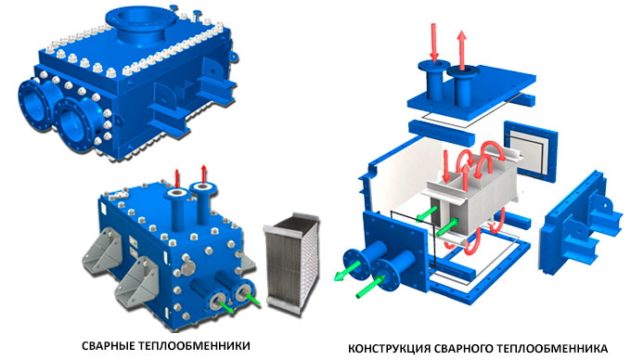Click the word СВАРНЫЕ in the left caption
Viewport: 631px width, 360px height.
(108, 345)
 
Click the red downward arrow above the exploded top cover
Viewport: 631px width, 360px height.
(433, 42)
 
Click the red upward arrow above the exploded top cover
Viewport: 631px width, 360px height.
(462, 49)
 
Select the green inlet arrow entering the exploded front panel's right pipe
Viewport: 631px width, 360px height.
(369, 287)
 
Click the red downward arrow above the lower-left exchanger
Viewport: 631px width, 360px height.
(176, 178)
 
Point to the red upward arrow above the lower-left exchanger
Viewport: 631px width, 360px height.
(203, 174)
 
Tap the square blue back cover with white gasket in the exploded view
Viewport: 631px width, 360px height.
(531, 149)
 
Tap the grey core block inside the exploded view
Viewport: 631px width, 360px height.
(470, 201)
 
